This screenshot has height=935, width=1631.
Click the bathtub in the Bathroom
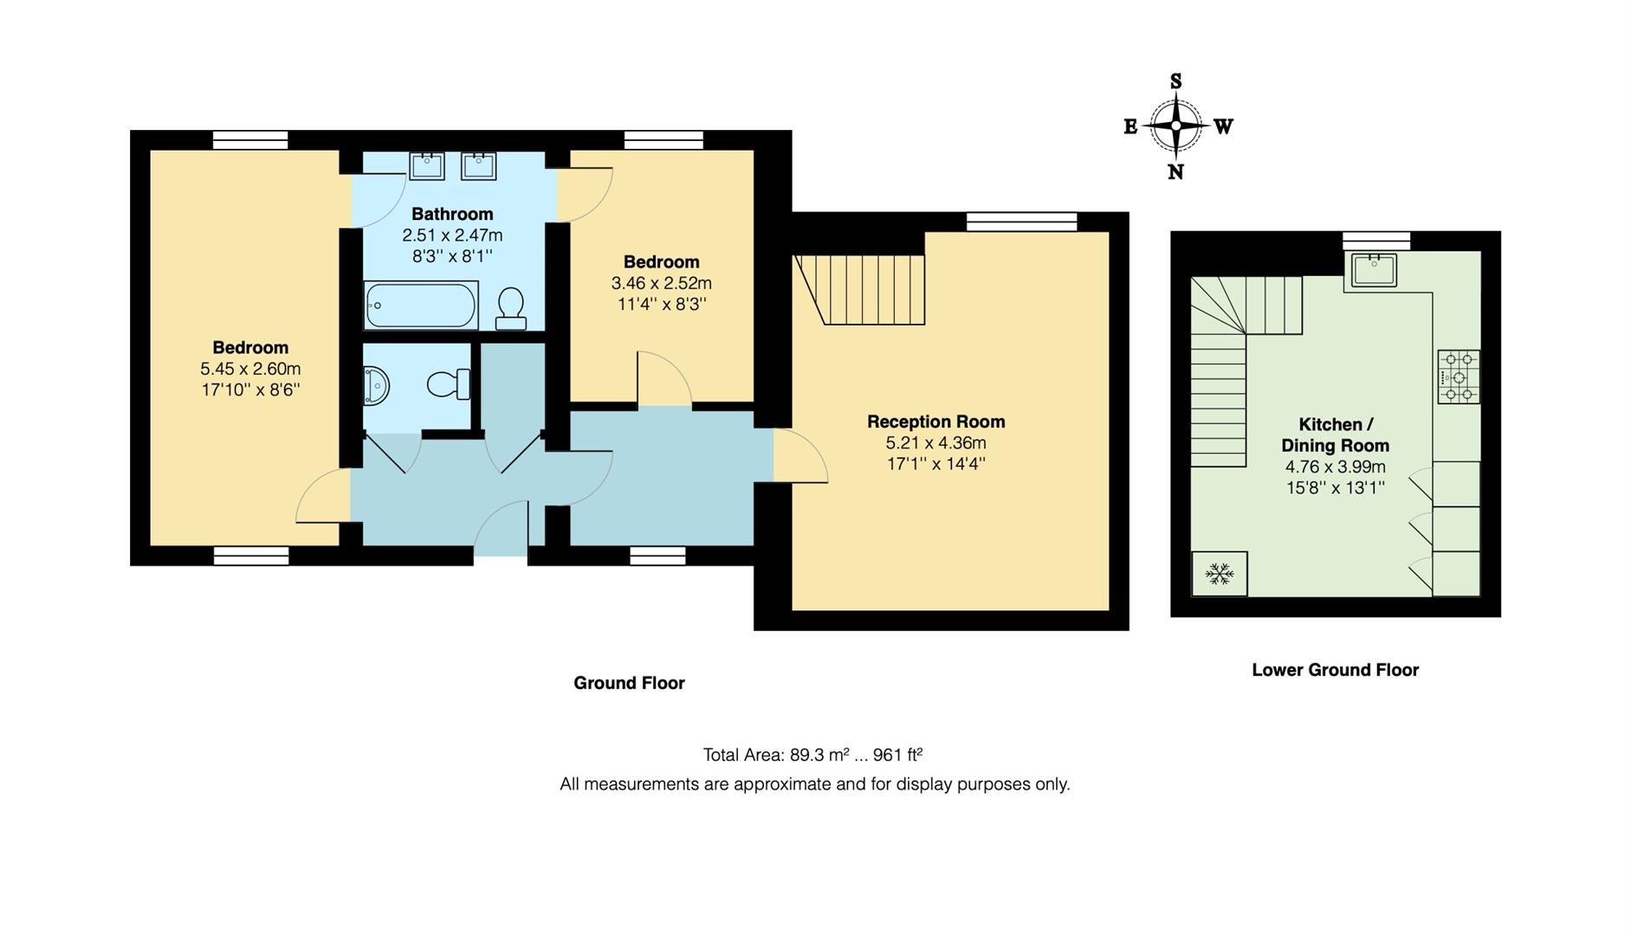click(x=421, y=305)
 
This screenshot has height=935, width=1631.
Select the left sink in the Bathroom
click(x=426, y=165)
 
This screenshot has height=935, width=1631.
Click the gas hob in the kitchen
click(x=1459, y=377)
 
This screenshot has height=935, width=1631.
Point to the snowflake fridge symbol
click(x=1220, y=573)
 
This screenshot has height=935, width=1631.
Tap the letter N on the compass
click(x=1175, y=172)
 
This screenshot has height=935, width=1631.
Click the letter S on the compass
click(x=1175, y=81)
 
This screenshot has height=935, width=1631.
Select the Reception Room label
click(x=935, y=422)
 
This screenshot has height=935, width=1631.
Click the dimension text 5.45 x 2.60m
click(x=250, y=369)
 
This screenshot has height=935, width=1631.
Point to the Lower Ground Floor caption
click(x=1335, y=669)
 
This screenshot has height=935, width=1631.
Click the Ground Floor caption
click(x=629, y=683)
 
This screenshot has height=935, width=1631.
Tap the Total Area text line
click(x=812, y=755)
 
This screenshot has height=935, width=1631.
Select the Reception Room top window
click(x=1022, y=222)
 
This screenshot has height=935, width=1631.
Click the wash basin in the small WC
click(x=376, y=384)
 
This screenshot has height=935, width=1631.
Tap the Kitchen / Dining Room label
click(x=1335, y=435)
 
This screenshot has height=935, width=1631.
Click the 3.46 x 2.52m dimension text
click(x=661, y=283)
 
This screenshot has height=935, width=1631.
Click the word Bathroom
click(x=452, y=214)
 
